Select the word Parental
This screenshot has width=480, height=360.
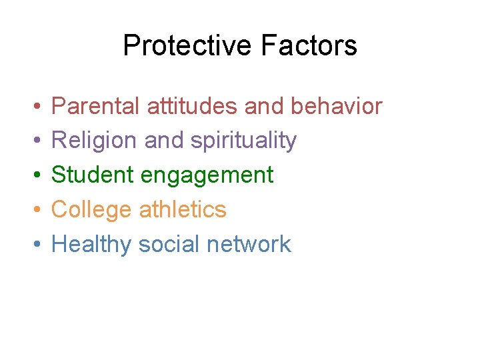click(95, 106)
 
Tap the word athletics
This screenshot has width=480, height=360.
click(183, 209)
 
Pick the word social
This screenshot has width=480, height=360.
click(169, 244)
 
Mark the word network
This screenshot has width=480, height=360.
click(249, 244)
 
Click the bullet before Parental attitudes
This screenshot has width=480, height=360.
click(33, 107)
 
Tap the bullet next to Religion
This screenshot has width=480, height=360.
click(33, 141)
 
